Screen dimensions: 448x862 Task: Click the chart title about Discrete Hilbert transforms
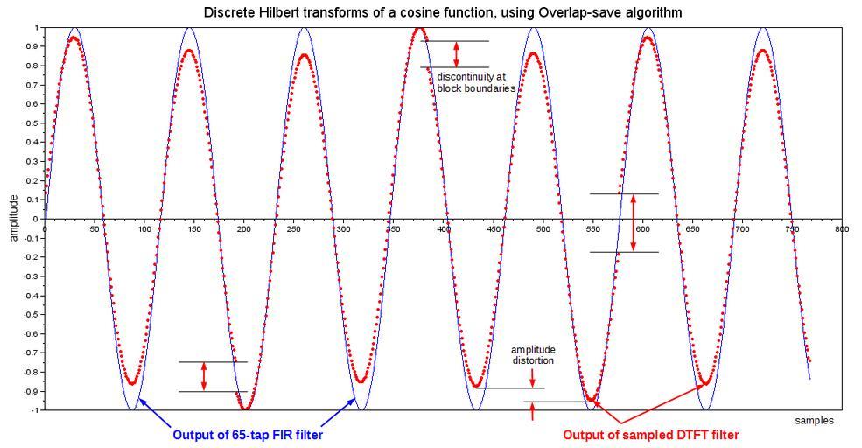coord(442,12)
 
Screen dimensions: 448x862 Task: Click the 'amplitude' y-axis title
coord(13,218)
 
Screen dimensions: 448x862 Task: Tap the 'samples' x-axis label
coord(814,421)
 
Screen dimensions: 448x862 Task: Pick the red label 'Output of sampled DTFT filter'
coord(650,435)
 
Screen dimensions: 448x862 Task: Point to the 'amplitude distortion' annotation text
coord(533,355)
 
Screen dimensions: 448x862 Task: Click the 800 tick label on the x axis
coord(841,229)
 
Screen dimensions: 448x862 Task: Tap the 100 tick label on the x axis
coord(144,229)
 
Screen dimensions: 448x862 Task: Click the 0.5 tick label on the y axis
coord(32,123)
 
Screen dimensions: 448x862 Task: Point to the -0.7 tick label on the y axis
coord(31,353)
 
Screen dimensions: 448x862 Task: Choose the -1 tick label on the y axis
coord(35,409)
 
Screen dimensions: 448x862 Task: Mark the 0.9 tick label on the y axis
coord(32,47)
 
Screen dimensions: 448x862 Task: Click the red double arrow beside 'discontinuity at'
coord(456,54)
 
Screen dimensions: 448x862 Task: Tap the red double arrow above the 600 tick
coord(634,222)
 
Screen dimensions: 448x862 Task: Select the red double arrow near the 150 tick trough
coord(204,376)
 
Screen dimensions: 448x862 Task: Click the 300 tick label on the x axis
coord(344,229)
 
